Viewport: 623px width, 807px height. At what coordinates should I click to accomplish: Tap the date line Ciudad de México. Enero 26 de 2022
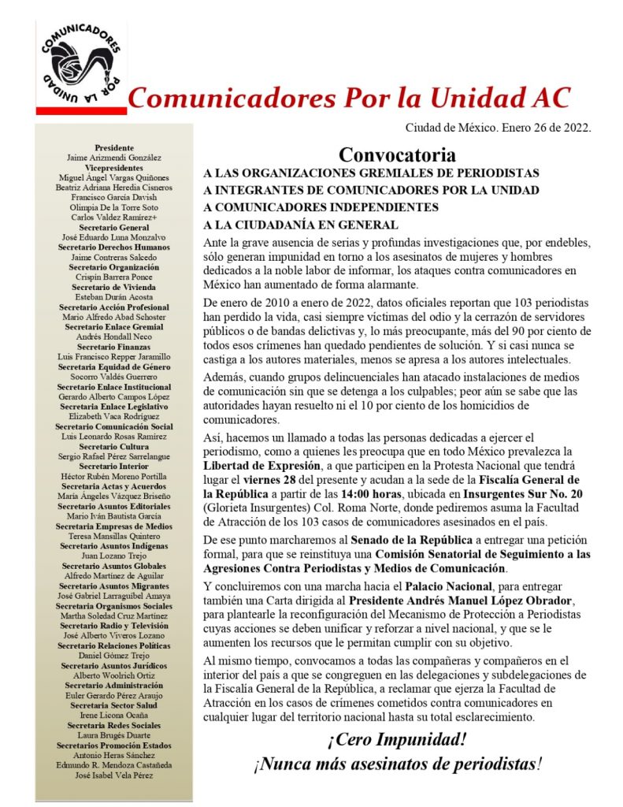point(498,126)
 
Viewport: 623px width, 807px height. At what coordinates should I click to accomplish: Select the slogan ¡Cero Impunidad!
point(397,740)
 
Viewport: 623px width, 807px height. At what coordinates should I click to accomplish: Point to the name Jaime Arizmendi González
point(114,158)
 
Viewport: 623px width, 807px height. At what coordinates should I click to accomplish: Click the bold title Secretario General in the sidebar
point(114,227)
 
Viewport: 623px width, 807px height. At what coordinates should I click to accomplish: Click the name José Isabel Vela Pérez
point(114,775)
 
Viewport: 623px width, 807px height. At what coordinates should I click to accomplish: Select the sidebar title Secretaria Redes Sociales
point(114,725)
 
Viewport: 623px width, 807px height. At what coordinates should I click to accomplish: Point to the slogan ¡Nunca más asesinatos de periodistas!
point(397,764)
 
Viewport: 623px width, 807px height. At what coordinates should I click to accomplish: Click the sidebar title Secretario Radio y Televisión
point(114,625)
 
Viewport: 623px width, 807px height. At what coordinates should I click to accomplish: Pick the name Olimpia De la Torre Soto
point(114,207)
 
